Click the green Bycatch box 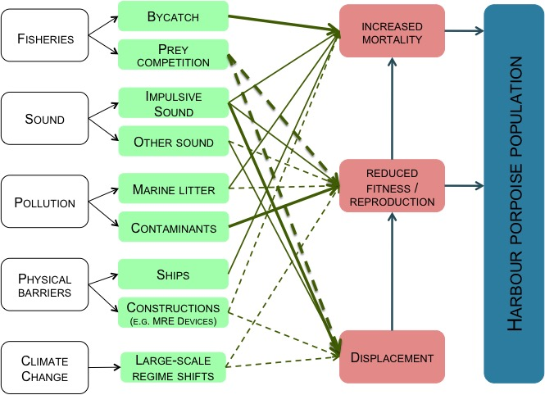[x=172, y=16]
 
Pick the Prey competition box [x=172, y=55]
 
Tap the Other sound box [x=172, y=142]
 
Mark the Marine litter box [x=172, y=190]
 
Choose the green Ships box [x=172, y=274]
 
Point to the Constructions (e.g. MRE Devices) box [x=172, y=312]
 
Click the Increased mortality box [x=392, y=33]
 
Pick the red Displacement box [x=392, y=357]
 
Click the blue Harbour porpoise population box [x=513, y=193]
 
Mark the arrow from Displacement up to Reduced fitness [x=392, y=270]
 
